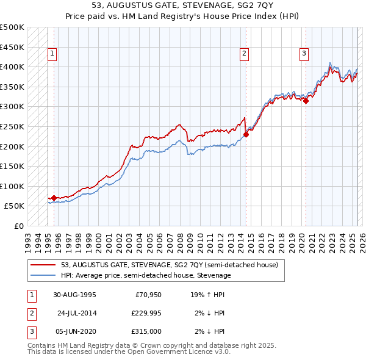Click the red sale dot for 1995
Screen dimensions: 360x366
click(54, 198)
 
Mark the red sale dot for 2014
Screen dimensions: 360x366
click(246, 134)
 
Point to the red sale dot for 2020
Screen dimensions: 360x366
click(306, 101)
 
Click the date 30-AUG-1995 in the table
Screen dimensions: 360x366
click(74, 294)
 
